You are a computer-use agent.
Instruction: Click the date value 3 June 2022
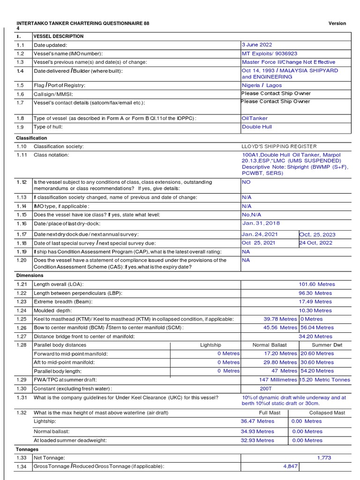coord(256,45)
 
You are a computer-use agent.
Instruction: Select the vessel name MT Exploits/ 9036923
coord(270,53)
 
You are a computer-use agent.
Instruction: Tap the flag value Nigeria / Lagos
coord(262,85)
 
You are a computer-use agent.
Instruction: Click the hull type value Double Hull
coord(257,127)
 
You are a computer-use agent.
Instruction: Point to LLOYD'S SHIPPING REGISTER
coord(279,146)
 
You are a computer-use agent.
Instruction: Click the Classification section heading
coord(31,138)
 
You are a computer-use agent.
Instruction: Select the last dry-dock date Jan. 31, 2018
coord(261,224)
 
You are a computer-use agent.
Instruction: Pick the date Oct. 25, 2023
coord(317,234)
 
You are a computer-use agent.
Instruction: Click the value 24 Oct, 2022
coord(316,243)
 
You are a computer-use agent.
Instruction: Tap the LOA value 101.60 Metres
coord(317,284)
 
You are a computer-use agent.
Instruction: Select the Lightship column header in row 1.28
coord(210,345)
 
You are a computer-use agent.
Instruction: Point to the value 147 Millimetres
coord(278,380)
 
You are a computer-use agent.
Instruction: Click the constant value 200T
coord(266,389)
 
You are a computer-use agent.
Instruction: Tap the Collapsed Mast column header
coord(327,412)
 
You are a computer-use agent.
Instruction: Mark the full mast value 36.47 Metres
coord(257,421)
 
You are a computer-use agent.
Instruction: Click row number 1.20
coord(21,260)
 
